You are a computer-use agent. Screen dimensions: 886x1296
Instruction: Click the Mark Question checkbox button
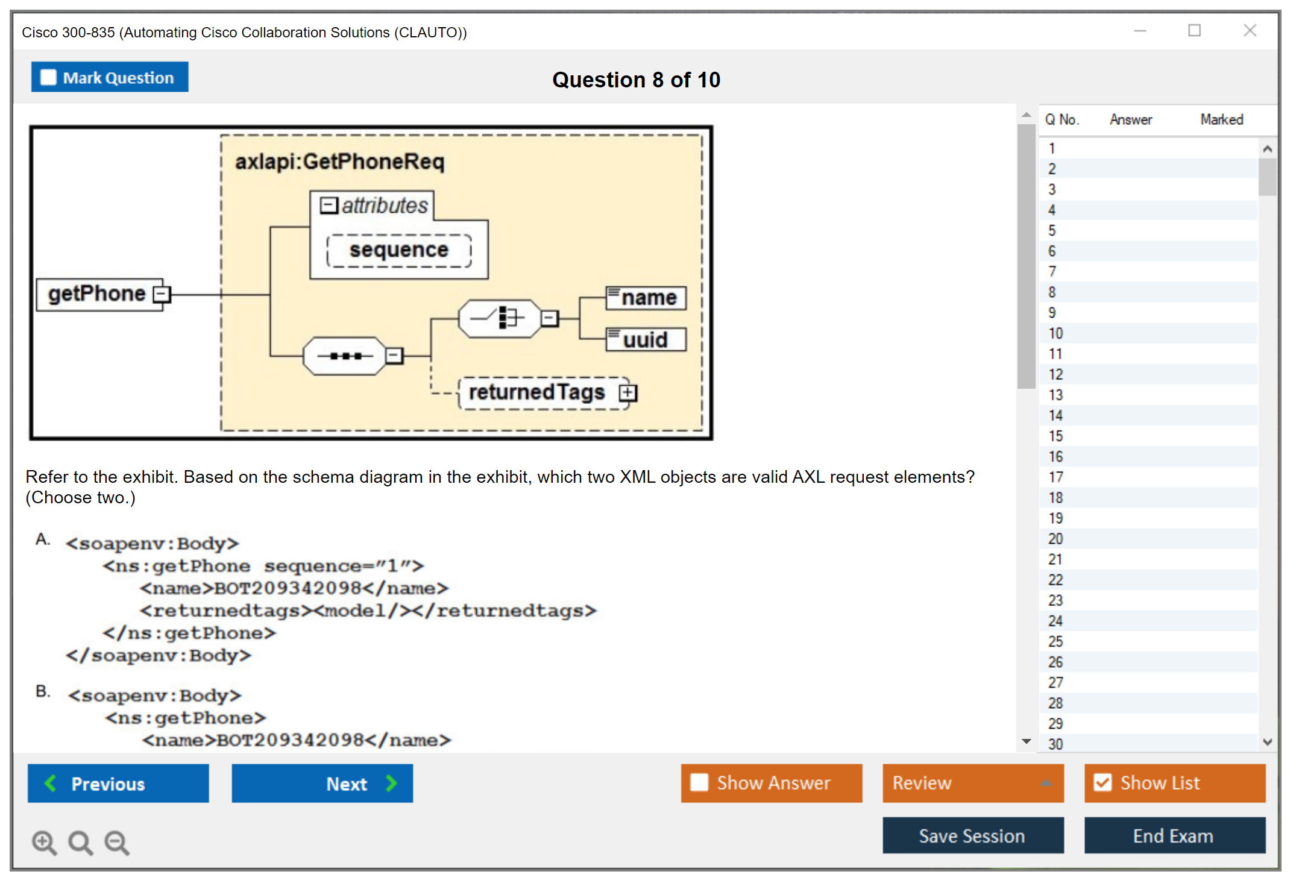[x=109, y=77]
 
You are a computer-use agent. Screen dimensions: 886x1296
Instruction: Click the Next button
[x=322, y=784]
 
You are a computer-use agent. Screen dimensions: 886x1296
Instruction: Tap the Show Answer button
[x=771, y=783]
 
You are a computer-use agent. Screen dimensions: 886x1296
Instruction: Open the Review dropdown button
[x=972, y=783]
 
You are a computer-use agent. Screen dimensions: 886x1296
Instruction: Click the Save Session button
[x=972, y=836]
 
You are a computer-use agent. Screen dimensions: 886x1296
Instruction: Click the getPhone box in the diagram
[x=98, y=294]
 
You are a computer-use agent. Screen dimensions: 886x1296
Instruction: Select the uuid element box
[x=646, y=340]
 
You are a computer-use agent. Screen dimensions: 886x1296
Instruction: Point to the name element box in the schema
[x=646, y=298]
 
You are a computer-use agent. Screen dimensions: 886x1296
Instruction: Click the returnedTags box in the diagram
[x=537, y=392]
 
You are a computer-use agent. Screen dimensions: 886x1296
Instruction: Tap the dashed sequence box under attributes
[x=399, y=250]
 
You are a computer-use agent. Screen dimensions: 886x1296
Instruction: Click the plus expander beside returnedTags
[x=628, y=393]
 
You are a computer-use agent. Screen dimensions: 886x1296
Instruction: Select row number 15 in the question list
[x=1055, y=436]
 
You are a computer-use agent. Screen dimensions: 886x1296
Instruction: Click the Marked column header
[x=1221, y=119]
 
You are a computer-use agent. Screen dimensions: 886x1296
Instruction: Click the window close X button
[x=1250, y=31]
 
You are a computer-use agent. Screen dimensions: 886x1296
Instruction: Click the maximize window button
[x=1194, y=31]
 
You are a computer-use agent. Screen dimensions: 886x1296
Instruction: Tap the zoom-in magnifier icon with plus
[x=44, y=842]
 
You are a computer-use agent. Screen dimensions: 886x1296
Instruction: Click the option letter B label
[x=43, y=691]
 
